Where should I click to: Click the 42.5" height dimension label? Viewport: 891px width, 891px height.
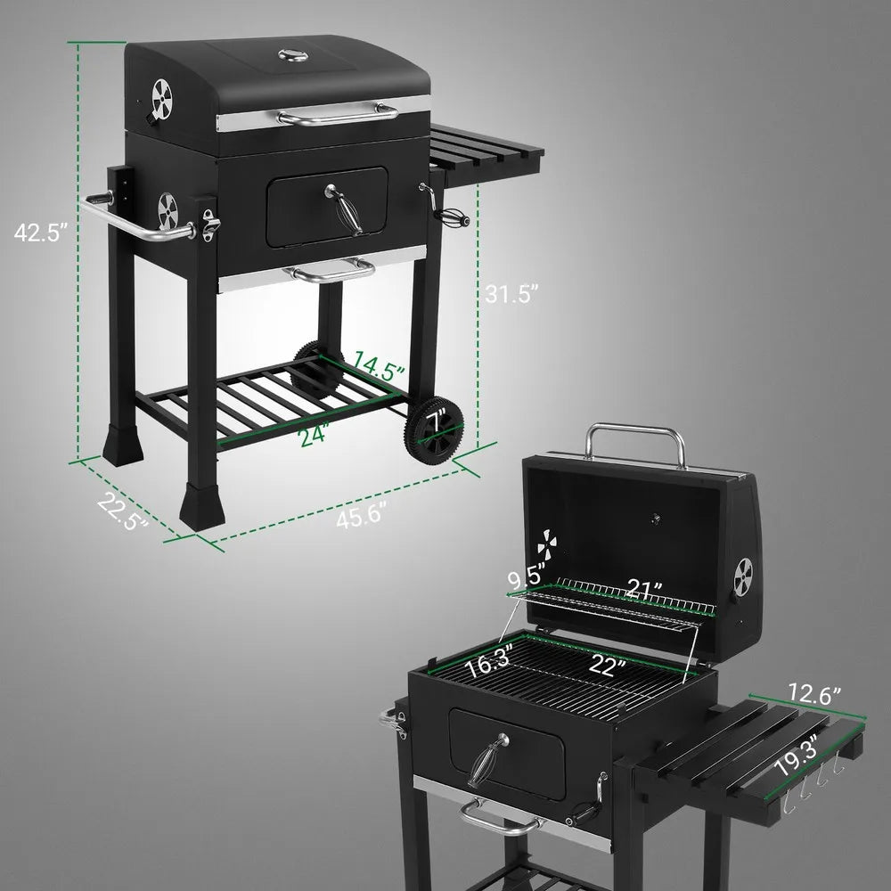point(42,233)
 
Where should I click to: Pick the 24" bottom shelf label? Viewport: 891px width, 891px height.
point(315,436)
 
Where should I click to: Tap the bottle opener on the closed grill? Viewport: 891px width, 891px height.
point(210,225)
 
